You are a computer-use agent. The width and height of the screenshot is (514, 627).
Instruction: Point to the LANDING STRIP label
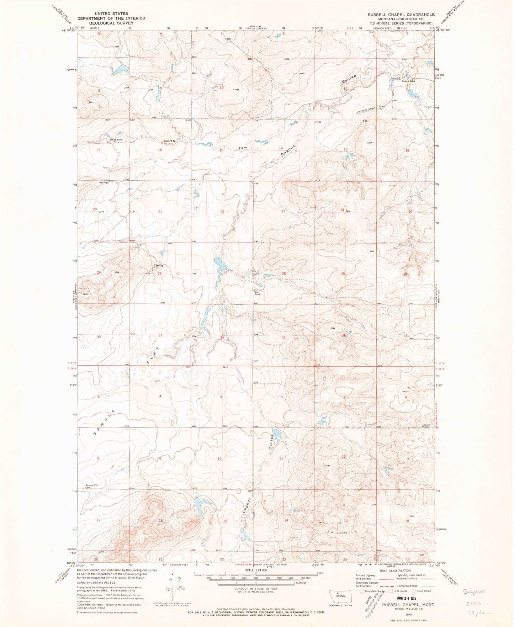point(366,111)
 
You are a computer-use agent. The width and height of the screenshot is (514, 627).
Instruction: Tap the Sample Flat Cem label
point(91,487)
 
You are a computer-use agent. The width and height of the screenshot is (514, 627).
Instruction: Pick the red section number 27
point(225,272)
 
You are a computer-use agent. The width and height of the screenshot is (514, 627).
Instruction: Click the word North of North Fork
point(169,141)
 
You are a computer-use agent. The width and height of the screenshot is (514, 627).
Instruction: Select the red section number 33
point(160,335)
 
